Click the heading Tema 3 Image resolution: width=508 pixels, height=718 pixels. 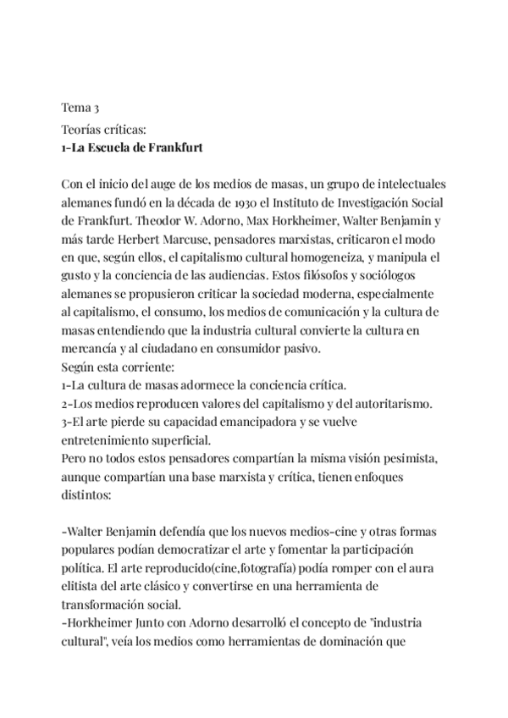pyautogui.click(x=80, y=108)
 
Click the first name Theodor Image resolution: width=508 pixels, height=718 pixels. pyautogui.click(x=164, y=222)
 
